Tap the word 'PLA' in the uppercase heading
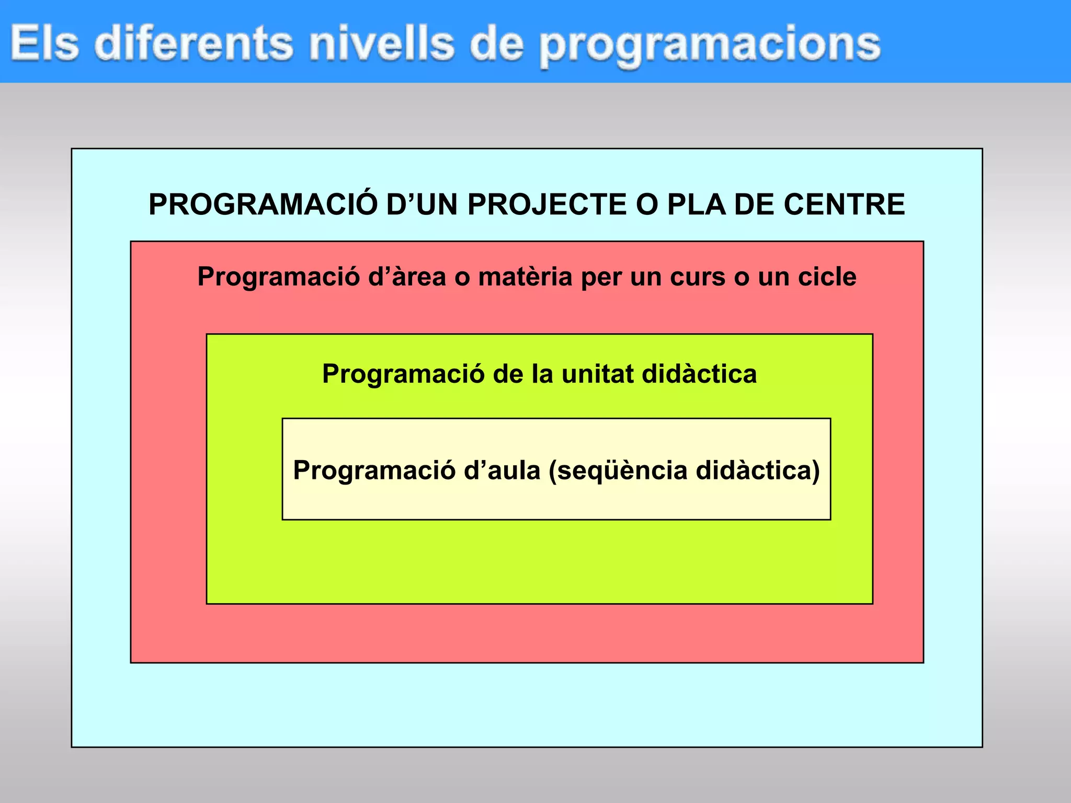[697, 204]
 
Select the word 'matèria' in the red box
[525, 277]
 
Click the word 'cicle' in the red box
[827, 277]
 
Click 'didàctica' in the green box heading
[699, 374]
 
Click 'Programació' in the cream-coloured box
[374, 471]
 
